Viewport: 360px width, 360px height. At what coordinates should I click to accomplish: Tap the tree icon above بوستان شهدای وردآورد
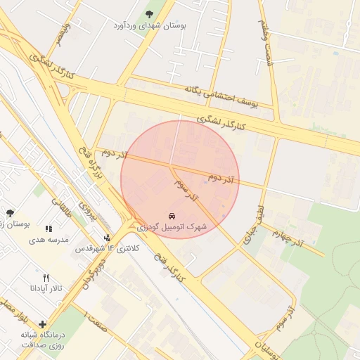coord(148,13)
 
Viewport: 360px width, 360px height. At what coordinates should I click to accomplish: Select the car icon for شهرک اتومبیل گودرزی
coord(172,215)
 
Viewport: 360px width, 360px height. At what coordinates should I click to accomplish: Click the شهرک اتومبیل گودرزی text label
coord(172,227)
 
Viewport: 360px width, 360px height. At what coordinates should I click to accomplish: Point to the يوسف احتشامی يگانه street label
coord(221,97)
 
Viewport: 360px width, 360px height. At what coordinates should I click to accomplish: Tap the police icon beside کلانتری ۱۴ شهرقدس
coord(107,238)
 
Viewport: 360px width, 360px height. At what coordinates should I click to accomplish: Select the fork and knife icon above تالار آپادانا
coord(46,278)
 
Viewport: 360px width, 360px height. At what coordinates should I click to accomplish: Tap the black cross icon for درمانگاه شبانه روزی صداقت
coord(43,325)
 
